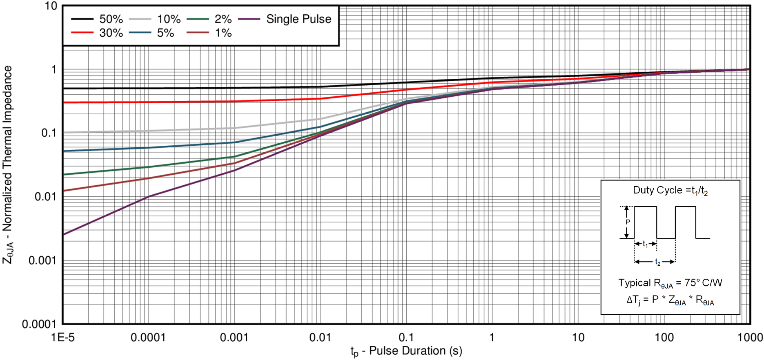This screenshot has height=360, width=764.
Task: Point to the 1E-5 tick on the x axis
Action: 62,337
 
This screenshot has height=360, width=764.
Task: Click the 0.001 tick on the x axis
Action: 234,337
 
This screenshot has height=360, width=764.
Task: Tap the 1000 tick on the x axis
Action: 751,337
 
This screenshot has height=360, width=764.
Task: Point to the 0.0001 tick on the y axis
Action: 39,324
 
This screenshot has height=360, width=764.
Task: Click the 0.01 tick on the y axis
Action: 45,197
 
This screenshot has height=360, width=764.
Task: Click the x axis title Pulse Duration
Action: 406,351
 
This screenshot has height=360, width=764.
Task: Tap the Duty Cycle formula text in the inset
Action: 670,191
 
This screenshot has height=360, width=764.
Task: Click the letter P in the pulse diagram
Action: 628,222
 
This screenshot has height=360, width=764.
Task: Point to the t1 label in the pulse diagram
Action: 645,244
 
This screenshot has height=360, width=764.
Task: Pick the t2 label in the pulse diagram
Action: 658,262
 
